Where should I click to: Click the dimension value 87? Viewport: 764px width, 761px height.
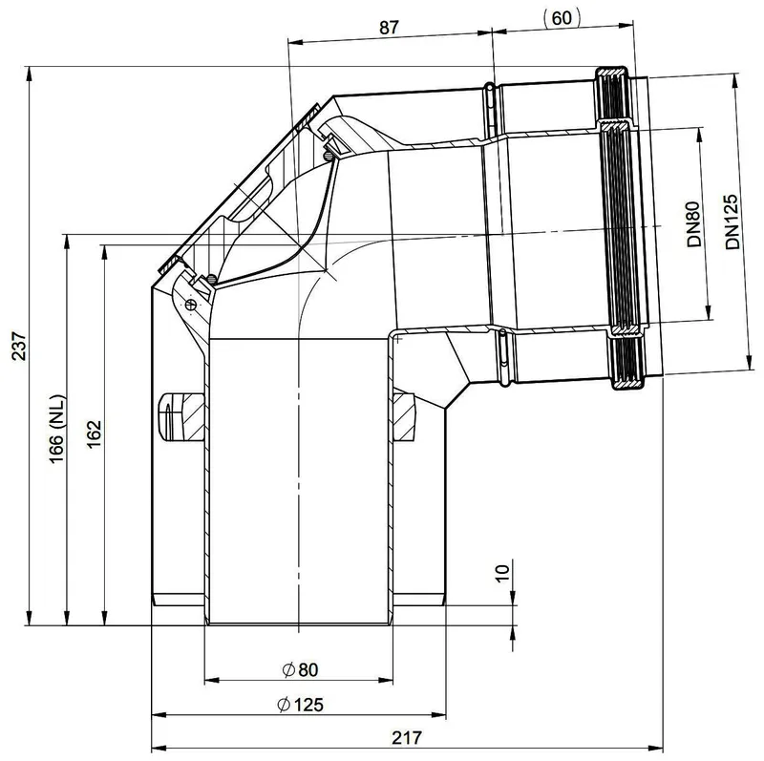point(389,28)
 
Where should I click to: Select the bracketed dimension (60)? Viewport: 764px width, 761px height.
point(562,18)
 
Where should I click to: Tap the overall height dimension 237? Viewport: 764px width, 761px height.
point(19,346)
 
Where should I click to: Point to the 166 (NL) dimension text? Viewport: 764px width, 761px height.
point(57,430)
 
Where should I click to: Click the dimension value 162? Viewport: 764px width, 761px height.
point(93,434)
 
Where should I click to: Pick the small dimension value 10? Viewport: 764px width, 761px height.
point(502,572)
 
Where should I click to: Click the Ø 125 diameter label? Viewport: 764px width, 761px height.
point(300,705)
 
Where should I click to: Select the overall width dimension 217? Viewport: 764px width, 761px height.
point(407,738)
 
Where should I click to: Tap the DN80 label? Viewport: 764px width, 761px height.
point(693,224)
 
